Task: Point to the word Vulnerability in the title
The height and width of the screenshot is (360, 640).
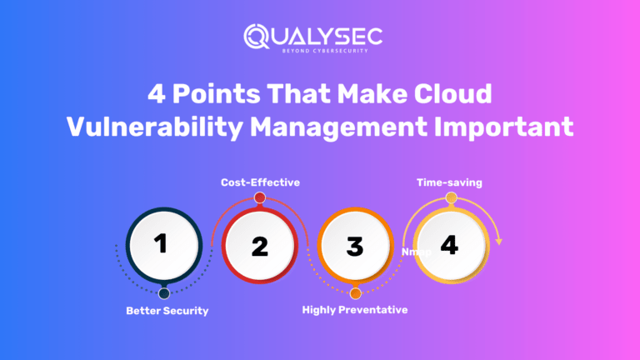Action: [149, 127]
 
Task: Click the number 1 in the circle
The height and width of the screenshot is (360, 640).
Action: [162, 243]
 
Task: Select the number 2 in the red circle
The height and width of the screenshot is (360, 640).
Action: [260, 247]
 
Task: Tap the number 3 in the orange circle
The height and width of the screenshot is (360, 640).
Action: [355, 247]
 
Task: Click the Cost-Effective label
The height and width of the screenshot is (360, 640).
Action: [259, 182]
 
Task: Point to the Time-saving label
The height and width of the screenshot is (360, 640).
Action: [451, 182]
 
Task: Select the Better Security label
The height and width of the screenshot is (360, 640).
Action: [167, 311]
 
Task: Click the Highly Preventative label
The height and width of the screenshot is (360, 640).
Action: [355, 311]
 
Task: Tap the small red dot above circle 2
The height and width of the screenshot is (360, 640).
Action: [260, 197]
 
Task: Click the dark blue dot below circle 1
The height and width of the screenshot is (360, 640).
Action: [164, 293]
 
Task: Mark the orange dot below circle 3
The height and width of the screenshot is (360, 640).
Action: [356, 293]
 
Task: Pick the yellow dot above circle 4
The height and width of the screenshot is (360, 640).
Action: [451, 197]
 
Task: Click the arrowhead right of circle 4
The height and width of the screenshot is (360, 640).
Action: [498, 242]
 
